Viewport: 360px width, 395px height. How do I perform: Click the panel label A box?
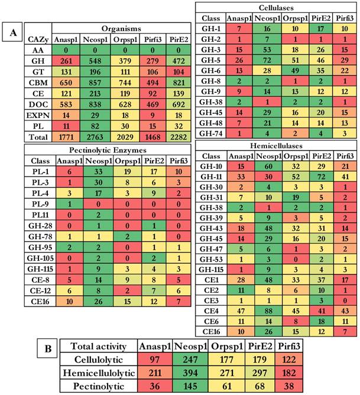tap(13, 34)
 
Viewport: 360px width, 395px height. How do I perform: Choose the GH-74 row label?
tap(211, 134)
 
